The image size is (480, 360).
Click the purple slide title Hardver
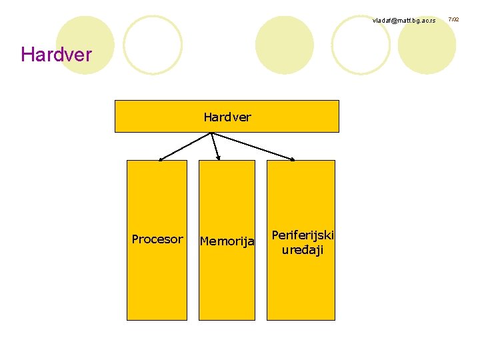56,54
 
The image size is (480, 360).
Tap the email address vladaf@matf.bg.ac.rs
403,21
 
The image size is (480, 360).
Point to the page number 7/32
454,20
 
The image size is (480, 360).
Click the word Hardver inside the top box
227,117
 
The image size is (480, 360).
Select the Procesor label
157,239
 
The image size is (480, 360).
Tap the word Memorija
227,241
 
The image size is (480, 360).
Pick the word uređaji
302,250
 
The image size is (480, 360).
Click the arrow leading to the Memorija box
215,145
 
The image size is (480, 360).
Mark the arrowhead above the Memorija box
218,158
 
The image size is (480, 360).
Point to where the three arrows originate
211,133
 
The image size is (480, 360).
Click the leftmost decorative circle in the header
85,45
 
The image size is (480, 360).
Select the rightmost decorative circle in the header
427,45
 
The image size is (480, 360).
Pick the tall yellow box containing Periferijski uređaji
301,287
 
